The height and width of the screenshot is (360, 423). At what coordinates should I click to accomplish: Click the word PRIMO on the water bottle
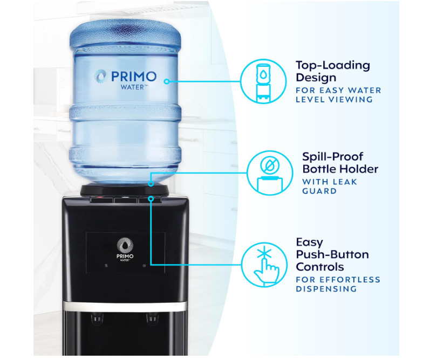[x=133, y=76]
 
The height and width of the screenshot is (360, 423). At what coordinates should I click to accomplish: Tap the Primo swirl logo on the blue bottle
[x=100, y=77]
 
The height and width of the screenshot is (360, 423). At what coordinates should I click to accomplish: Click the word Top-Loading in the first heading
[x=332, y=65]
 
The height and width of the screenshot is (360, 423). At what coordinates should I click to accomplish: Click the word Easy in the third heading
[x=309, y=242]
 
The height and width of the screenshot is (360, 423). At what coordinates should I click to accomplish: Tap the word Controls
[x=319, y=266]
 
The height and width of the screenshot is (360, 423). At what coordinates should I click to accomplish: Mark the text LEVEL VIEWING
[x=334, y=99]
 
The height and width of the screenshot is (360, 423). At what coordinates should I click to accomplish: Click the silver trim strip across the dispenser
[x=125, y=306]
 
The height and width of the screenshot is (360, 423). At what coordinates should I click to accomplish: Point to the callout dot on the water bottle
[x=167, y=81]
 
